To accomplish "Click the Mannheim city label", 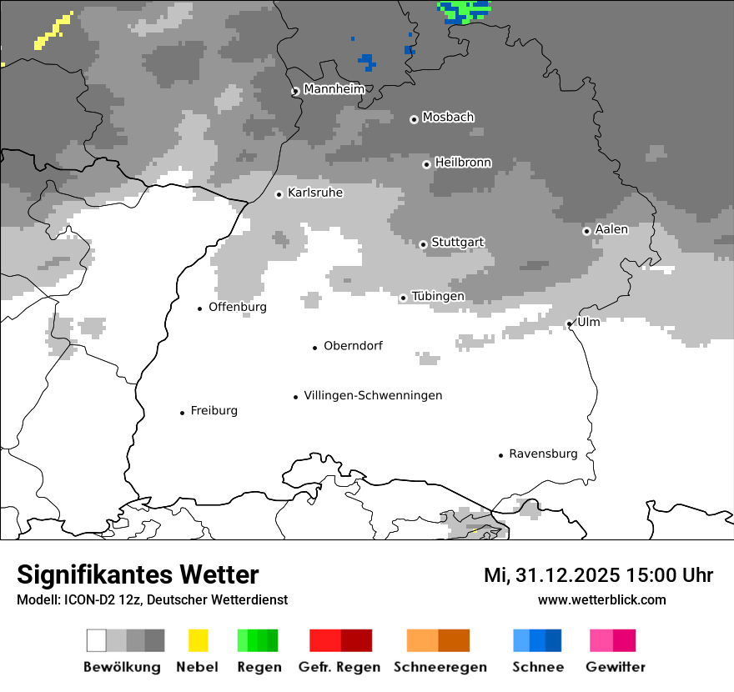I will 334,89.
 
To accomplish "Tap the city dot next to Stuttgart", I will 423,244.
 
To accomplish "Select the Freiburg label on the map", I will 214,410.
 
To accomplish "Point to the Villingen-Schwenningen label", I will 373,395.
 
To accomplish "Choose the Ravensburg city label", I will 543,454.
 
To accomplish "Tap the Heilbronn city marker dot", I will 426,164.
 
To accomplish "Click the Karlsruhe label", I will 315,193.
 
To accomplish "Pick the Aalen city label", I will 611,229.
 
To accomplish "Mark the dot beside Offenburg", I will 200,308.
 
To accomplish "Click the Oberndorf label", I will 353,345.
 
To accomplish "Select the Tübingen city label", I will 438,296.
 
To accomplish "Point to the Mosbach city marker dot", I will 414,119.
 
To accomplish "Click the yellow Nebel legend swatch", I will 198,640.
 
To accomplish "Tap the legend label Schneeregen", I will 440,667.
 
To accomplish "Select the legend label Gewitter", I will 615,667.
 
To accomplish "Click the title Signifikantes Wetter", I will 138,575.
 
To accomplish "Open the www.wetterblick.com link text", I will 601,599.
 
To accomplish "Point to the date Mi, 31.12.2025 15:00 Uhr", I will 598,575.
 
